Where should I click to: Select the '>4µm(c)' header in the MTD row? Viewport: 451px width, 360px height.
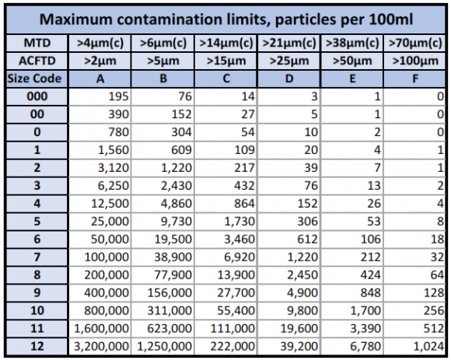(x=100, y=43)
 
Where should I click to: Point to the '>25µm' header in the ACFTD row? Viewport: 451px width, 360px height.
(x=289, y=61)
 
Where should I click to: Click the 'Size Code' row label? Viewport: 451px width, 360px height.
(x=34, y=79)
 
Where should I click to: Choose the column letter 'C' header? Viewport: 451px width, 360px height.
(x=226, y=79)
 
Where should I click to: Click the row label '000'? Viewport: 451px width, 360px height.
(x=34, y=96)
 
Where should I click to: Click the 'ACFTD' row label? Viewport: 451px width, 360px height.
(x=34, y=61)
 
